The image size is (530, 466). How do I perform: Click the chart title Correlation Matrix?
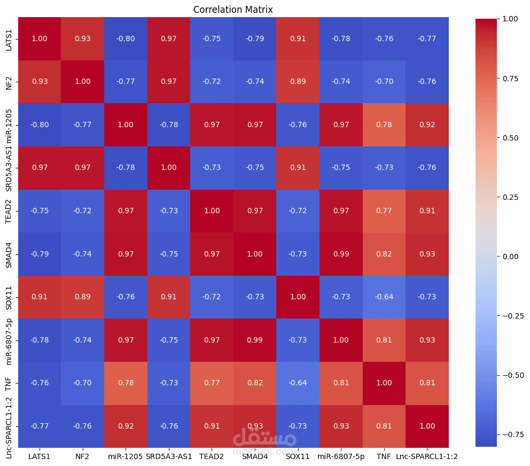click(x=233, y=10)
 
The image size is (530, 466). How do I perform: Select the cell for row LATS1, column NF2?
click(x=82, y=38)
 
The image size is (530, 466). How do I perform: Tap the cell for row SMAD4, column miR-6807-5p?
click(x=341, y=254)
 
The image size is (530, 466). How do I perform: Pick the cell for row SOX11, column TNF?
click(x=384, y=297)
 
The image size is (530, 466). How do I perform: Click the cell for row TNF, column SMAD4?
click(x=255, y=383)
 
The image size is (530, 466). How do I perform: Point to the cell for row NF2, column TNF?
click(x=384, y=82)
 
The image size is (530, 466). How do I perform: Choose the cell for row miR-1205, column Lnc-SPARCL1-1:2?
click(x=427, y=125)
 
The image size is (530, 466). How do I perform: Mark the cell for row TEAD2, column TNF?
click(x=384, y=211)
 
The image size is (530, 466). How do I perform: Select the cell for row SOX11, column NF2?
click(x=82, y=297)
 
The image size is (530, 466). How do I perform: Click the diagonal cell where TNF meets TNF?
click(x=384, y=383)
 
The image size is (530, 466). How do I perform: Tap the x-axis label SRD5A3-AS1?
click(x=169, y=456)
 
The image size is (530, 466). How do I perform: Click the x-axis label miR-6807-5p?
click(x=341, y=456)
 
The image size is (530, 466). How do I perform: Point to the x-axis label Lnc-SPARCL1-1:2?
click(x=427, y=456)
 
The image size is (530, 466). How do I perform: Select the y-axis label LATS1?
click(x=9, y=40)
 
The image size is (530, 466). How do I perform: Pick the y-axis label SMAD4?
click(x=9, y=255)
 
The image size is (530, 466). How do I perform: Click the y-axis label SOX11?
click(x=9, y=298)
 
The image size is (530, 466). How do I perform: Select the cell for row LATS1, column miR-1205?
click(x=126, y=38)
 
